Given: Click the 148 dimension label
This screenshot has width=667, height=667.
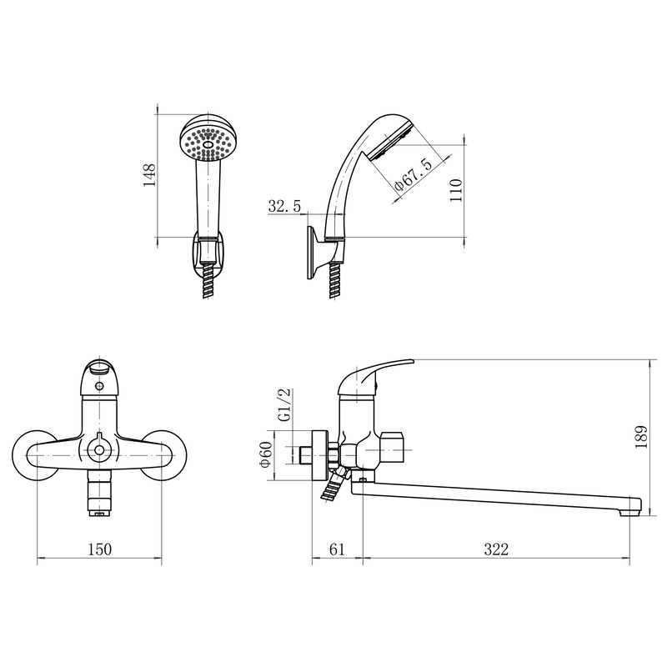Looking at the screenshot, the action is [x=149, y=175].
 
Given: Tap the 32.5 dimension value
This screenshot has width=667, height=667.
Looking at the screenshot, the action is [x=284, y=206].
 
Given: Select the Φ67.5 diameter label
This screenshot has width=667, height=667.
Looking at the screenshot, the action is [x=413, y=175].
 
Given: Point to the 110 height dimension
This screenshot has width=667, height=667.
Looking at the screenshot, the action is [x=455, y=190].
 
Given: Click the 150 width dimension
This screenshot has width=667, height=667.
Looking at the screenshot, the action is [x=99, y=549].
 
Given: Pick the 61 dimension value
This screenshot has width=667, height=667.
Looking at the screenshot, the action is [x=337, y=549].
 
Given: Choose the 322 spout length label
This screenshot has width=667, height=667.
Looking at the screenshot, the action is [x=496, y=549].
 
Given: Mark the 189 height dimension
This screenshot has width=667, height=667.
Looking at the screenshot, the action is [x=641, y=437].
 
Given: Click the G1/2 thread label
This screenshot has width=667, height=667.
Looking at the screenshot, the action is [x=284, y=404].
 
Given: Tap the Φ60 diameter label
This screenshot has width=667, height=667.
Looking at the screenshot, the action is [x=266, y=454].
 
